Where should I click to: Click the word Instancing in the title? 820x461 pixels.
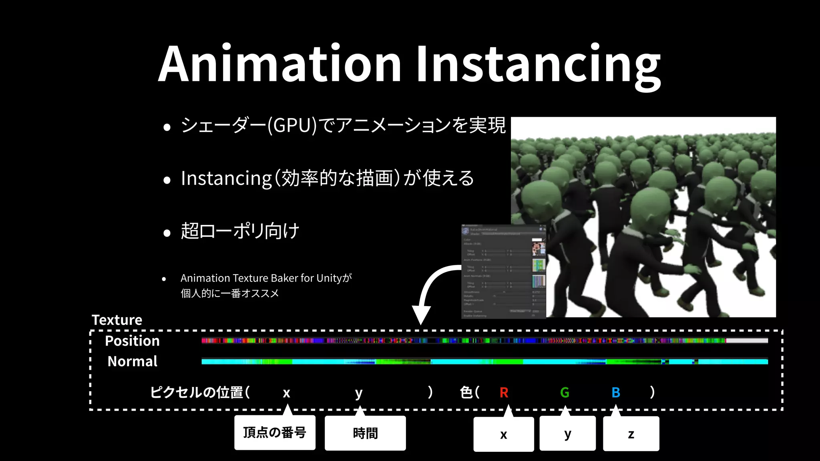539,66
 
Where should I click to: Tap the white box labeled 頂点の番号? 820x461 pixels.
275,433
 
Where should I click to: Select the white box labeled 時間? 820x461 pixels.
365,433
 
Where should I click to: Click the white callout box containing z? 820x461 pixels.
631,434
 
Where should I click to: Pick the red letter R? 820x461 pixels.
504,393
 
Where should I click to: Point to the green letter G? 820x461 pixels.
565,393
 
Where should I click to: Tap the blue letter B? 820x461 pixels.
616,393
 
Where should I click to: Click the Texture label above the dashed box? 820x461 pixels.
117,320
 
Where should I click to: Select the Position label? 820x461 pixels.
132,341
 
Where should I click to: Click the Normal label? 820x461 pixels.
133,361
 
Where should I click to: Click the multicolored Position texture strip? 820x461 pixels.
484,341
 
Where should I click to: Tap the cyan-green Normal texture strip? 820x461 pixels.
484,362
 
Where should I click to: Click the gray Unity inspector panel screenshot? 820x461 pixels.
503,272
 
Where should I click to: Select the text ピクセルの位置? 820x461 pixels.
197,392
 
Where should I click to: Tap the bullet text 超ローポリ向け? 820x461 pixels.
240,231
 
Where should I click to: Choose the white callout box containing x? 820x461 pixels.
503,434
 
